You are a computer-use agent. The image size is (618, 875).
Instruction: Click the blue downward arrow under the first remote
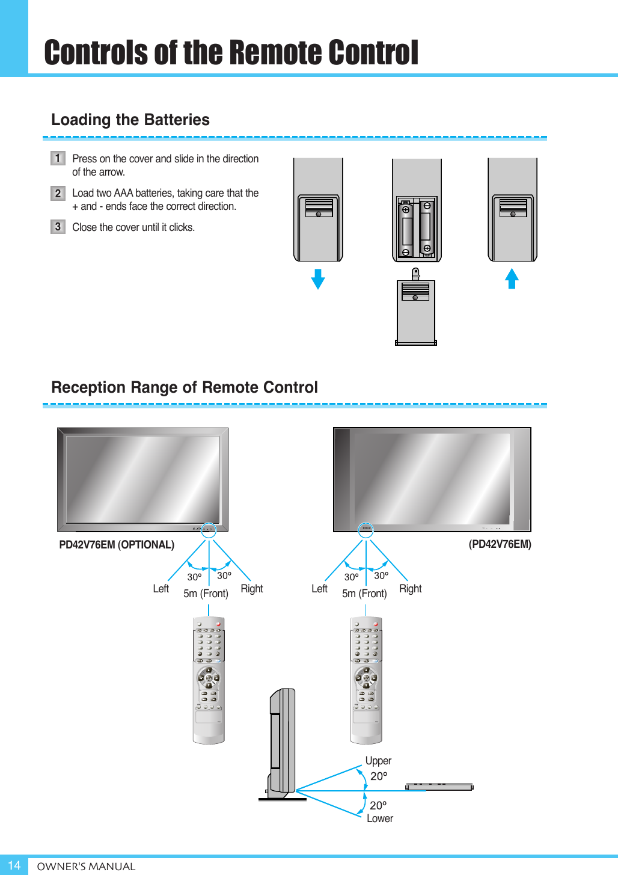pyautogui.click(x=318, y=279)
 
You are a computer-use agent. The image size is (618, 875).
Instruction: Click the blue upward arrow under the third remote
pyautogui.click(x=512, y=278)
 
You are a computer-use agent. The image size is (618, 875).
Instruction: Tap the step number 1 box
pyautogui.click(x=58, y=158)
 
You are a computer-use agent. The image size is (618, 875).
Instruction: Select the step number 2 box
pyautogui.click(x=58, y=193)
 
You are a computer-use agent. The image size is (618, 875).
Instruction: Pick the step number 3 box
pyautogui.click(x=58, y=227)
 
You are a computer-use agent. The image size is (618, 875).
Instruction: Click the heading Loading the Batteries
pyautogui.click(x=130, y=120)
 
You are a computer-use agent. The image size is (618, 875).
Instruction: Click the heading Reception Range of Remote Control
pyautogui.click(x=185, y=387)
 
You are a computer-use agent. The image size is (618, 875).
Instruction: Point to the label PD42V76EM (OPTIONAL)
pyautogui.click(x=117, y=545)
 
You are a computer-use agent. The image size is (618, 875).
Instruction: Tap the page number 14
pyautogui.click(x=14, y=865)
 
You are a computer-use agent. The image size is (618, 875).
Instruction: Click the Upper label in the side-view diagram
pyautogui.click(x=378, y=761)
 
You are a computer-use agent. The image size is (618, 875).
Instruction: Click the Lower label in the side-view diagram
pyautogui.click(x=380, y=818)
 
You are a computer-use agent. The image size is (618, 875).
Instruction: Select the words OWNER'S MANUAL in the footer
pyautogui.click(x=86, y=867)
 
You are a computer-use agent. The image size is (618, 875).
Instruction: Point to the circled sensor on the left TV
pyautogui.click(x=208, y=530)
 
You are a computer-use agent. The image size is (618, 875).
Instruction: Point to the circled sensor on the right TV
pyautogui.click(x=366, y=530)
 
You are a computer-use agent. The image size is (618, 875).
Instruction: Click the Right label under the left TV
pyautogui.click(x=252, y=589)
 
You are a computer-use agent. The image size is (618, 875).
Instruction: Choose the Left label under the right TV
pyautogui.click(x=319, y=589)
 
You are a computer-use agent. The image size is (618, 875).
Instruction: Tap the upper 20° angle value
pyautogui.click(x=379, y=776)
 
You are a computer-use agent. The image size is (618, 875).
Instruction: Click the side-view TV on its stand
pyautogui.click(x=283, y=743)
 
